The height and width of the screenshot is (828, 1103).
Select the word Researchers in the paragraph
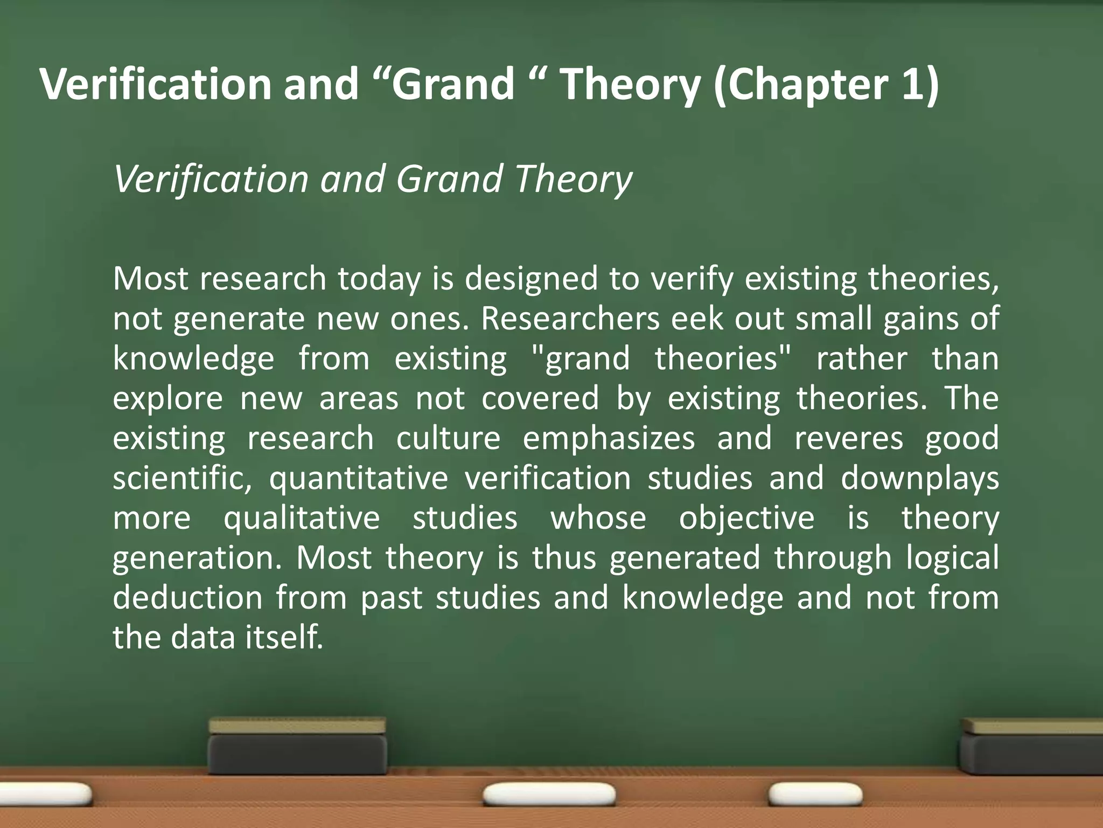570,319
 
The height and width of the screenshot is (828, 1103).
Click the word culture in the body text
448,438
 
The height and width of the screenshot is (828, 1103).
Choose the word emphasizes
609,438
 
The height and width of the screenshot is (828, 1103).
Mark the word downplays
919,478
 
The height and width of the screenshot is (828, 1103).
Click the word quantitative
358,478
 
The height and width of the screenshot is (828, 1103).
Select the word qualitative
302,518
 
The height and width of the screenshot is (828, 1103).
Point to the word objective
746,518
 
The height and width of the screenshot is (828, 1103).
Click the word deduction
187,598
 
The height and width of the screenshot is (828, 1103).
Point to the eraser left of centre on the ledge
297,746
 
